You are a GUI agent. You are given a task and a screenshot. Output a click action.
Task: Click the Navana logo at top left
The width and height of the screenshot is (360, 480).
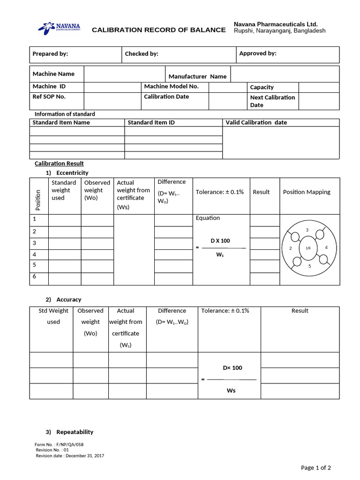pyautogui.click(x=59, y=28)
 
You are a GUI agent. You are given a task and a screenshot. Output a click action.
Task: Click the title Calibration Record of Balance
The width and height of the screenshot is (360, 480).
pyautogui.click(x=158, y=30)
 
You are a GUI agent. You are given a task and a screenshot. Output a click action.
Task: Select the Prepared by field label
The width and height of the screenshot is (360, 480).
pyautogui.click(x=50, y=54)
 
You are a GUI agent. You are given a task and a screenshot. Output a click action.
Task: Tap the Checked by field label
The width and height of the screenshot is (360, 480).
pyautogui.click(x=142, y=54)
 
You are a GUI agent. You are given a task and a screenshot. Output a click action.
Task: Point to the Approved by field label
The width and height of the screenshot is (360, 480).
pyautogui.click(x=258, y=53)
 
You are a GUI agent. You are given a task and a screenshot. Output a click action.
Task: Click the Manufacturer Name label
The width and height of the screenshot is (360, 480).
pyautogui.click(x=197, y=76)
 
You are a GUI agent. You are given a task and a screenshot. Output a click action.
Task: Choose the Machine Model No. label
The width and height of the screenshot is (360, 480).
pyautogui.click(x=171, y=86)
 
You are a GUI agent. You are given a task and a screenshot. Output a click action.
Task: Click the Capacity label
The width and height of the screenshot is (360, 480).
pyautogui.click(x=262, y=87)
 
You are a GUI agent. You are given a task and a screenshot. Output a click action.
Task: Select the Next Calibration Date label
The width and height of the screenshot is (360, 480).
pyautogui.click(x=272, y=101)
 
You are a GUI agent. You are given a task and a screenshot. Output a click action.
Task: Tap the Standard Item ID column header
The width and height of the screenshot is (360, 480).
pyautogui.click(x=151, y=122)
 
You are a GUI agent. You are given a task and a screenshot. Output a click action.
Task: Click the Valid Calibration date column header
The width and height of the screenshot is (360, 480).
pyautogui.click(x=256, y=122)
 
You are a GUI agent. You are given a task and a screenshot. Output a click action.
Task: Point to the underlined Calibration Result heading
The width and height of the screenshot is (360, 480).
pyautogui.click(x=59, y=164)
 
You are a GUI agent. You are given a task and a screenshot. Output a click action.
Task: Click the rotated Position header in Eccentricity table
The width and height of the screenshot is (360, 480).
pyautogui.click(x=38, y=199)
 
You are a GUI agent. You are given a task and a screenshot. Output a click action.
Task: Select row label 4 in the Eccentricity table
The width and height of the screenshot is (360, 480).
pyautogui.click(x=34, y=255)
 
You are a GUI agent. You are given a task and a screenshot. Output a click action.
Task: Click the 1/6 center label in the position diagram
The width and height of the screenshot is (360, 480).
pyautogui.click(x=308, y=247)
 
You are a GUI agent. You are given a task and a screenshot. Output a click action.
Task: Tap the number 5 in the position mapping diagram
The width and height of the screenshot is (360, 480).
pyautogui.click(x=309, y=266)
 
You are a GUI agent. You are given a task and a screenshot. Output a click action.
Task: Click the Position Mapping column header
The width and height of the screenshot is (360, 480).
pyautogui.click(x=307, y=192)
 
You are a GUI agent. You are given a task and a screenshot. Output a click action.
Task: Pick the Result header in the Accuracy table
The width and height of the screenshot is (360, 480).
pyautogui.click(x=300, y=311)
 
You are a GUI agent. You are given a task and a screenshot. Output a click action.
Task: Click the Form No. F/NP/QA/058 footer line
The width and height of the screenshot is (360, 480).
pyautogui.click(x=59, y=444)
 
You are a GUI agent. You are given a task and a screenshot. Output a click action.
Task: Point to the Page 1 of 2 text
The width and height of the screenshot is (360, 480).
pyautogui.click(x=315, y=467)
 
